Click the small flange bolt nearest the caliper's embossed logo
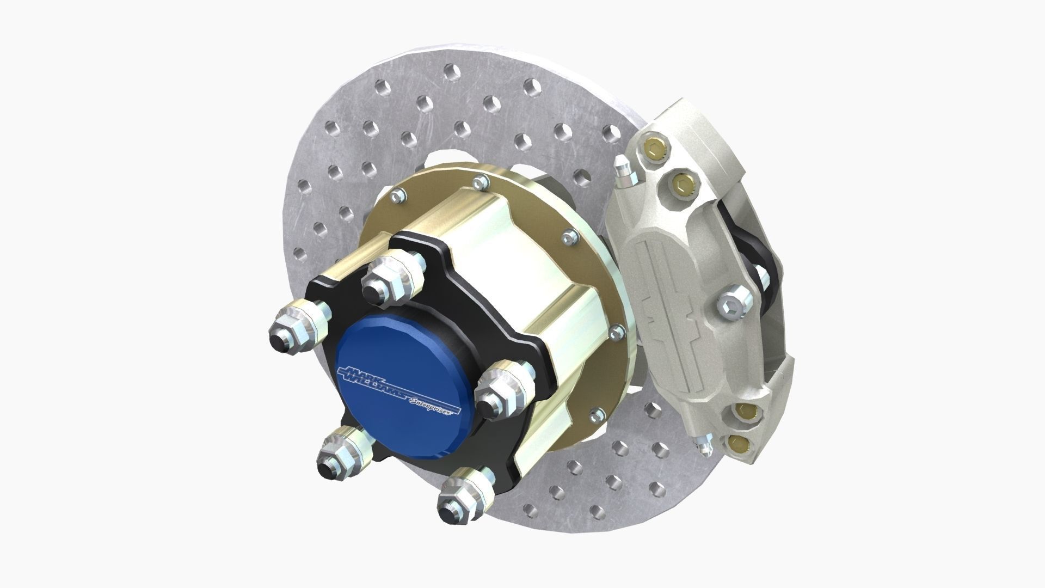pos(616,332)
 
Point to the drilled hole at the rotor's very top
pos(450,71)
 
